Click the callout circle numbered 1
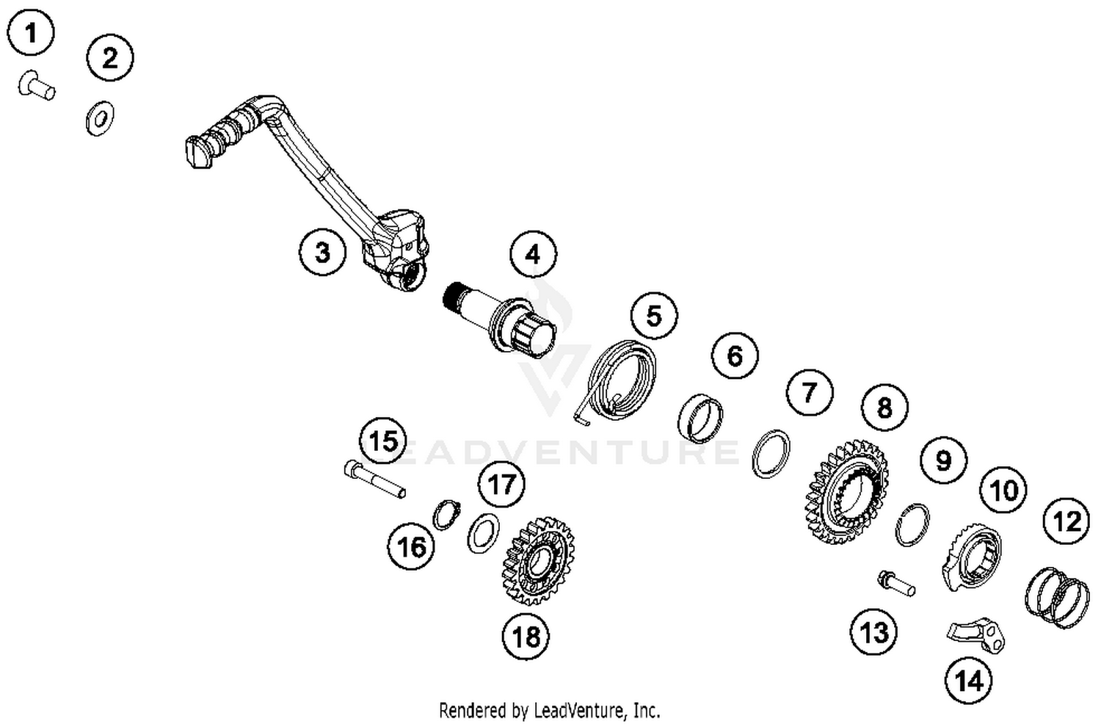(31, 33)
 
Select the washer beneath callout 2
(99, 117)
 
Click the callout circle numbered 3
(322, 253)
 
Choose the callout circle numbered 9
(943, 460)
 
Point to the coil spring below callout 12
(1057, 596)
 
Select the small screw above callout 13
(896, 583)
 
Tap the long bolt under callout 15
(374, 479)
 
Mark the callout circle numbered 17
(502, 484)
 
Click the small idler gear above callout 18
(539, 561)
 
